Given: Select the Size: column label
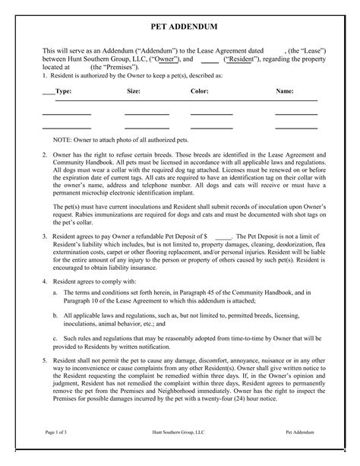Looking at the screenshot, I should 134,90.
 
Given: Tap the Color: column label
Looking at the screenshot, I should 200,90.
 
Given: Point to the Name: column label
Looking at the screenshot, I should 285,90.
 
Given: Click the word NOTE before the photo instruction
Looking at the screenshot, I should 63,141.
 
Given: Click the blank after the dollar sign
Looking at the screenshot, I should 223,236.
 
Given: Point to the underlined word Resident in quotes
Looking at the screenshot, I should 243,58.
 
